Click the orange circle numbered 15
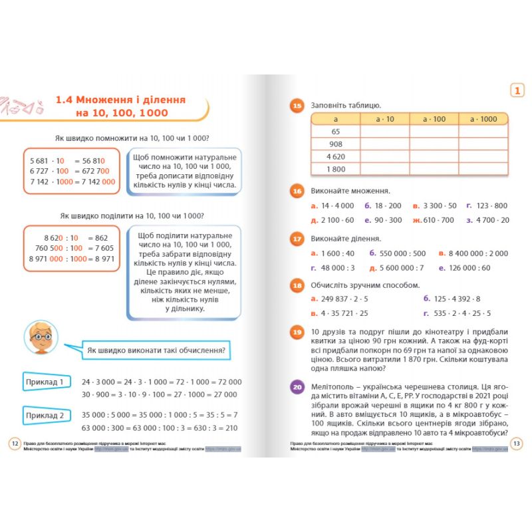tap(297, 105)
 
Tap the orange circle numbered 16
tap(297, 191)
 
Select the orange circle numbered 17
tap(297, 239)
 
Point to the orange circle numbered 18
tap(297, 285)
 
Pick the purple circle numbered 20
tap(297, 386)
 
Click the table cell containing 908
tap(335, 144)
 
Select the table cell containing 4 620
tap(335, 157)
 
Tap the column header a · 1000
tap(483, 118)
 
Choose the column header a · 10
tap(384, 118)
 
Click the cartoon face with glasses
tap(42, 340)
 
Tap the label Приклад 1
tap(45, 382)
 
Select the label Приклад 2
tap(45, 416)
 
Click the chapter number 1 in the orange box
tap(516, 90)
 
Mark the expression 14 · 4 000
tap(337, 205)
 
